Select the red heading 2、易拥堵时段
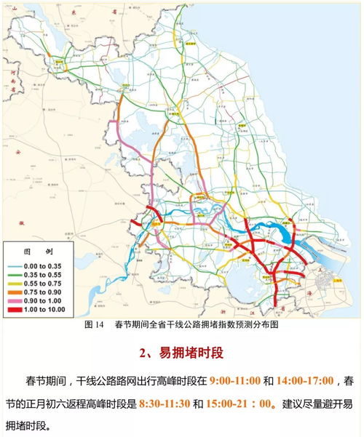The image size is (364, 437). click(x=181, y=354)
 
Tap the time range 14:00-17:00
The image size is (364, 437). click(x=305, y=381)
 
